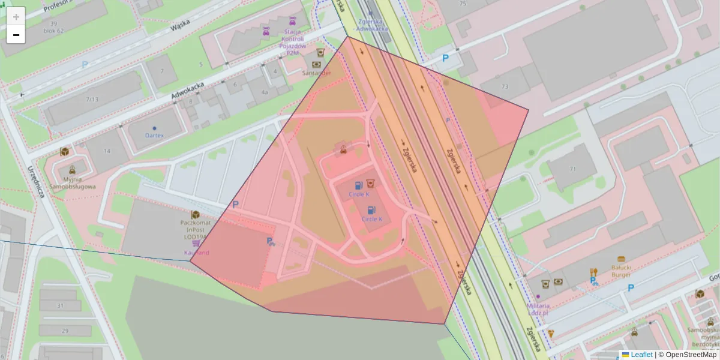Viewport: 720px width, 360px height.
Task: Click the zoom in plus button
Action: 16,17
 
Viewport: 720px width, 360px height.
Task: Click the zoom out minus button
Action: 16,35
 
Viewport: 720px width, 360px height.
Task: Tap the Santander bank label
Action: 316,73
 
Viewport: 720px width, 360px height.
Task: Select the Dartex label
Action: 154,135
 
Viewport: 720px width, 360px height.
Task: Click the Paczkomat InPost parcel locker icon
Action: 195,215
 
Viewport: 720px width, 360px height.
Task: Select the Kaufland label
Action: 197,253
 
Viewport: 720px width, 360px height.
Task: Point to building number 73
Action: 505,87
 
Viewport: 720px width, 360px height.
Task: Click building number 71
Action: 572,169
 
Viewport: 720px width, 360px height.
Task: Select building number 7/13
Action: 92,99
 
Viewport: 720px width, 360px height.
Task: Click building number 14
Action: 107,151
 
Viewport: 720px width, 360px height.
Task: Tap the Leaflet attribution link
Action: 641,355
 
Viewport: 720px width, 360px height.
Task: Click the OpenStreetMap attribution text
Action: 691,355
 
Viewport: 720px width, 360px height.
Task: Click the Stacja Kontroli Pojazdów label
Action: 293,42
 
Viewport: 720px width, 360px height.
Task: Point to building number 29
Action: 65,331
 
